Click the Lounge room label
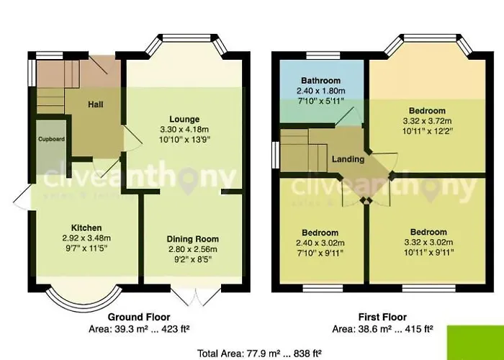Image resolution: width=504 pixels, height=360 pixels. (185, 119)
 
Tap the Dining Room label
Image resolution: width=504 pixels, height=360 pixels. (192, 239)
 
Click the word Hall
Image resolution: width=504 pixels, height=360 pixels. (95, 105)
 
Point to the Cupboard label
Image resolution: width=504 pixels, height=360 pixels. (51, 138)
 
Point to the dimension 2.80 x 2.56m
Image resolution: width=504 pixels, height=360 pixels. (192, 248)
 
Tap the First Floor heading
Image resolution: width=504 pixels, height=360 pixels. (382, 317)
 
